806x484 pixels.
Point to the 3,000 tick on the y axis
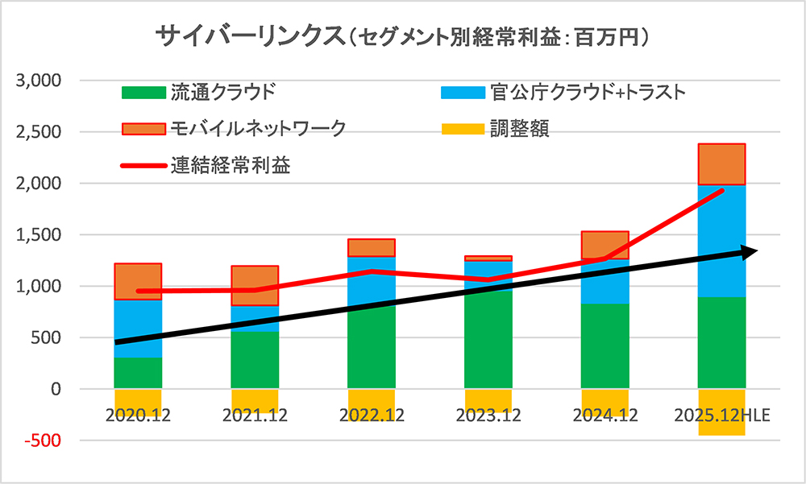point(39,81)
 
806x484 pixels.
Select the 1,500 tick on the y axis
point(39,235)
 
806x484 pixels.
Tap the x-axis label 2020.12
point(138,416)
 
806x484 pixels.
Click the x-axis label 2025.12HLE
point(721,416)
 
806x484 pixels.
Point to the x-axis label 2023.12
point(488,416)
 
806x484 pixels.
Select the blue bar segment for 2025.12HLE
point(721,242)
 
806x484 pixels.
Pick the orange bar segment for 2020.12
point(138,281)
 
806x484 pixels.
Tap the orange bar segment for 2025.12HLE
point(721,164)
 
